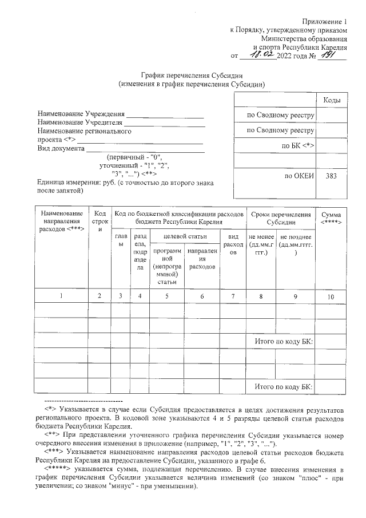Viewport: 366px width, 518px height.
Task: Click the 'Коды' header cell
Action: point(332,100)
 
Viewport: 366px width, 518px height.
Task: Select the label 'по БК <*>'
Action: point(299,146)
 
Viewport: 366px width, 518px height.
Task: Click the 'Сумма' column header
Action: point(332,218)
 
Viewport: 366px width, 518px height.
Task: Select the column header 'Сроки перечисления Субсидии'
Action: point(281,218)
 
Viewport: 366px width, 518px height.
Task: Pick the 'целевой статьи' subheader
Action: point(185,236)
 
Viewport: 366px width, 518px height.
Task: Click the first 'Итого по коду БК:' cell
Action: point(283,342)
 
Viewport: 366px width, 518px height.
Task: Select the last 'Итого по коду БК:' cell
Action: point(283,387)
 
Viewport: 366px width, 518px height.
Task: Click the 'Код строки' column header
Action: point(100,221)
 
